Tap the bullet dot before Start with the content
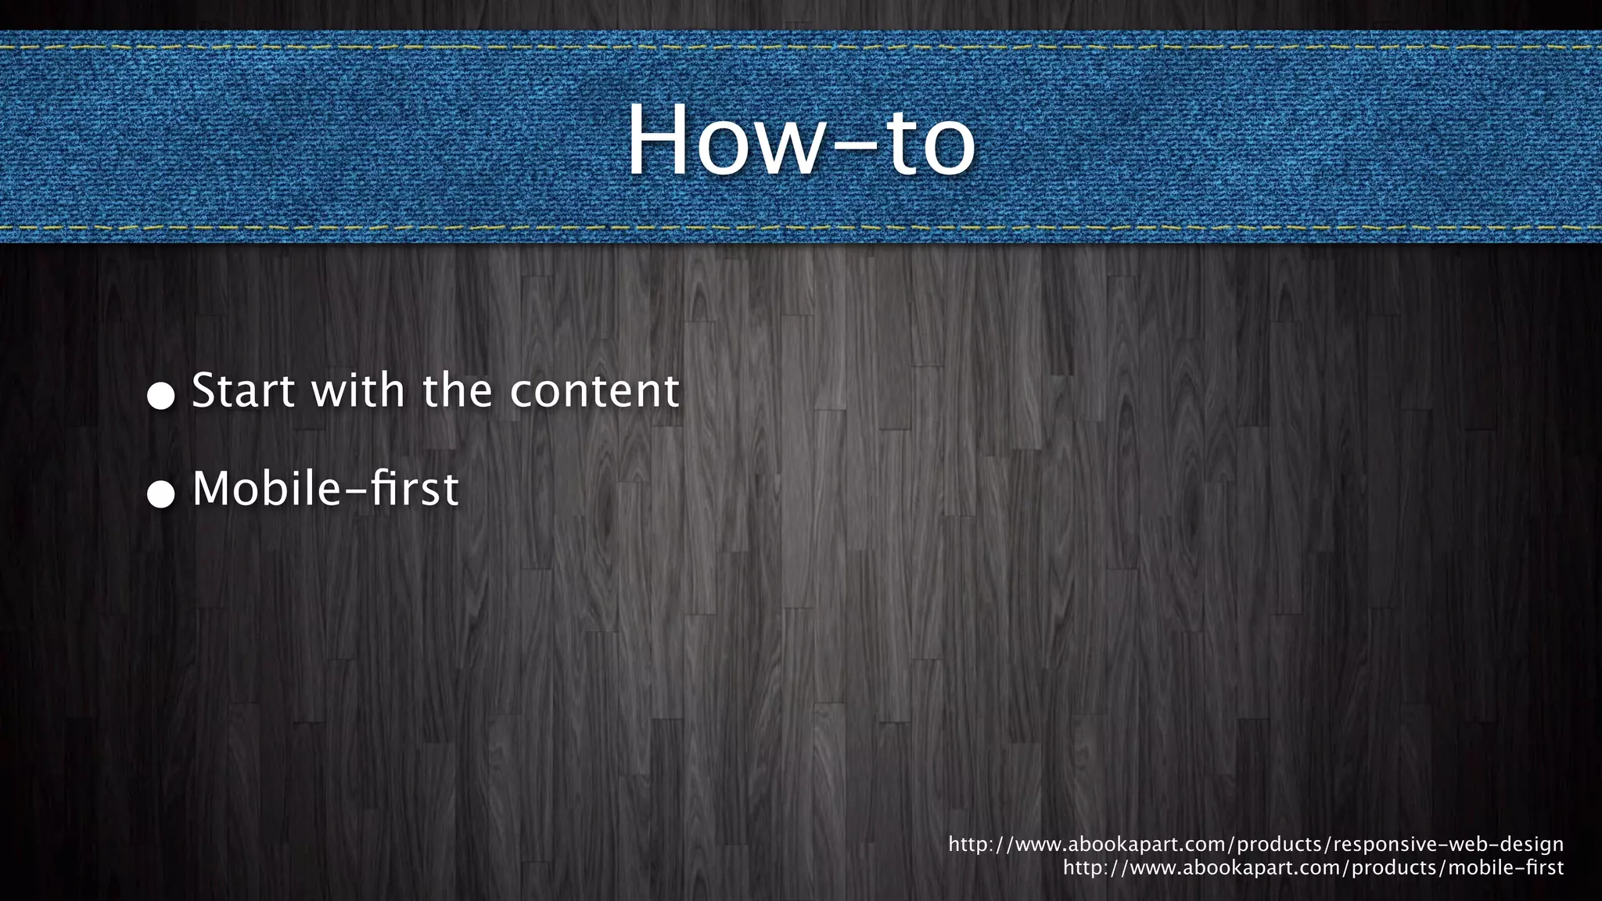(x=161, y=396)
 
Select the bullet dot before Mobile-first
(x=161, y=494)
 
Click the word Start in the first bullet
(x=243, y=390)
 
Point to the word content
(x=594, y=390)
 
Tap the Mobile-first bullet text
(x=325, y=489)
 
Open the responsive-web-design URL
(x=1255, y=845)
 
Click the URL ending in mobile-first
(x=1313, y=868)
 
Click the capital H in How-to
(x=659, y=141)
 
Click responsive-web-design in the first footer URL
(x=1448, y=845)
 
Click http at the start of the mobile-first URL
(x=1083, y=868)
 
